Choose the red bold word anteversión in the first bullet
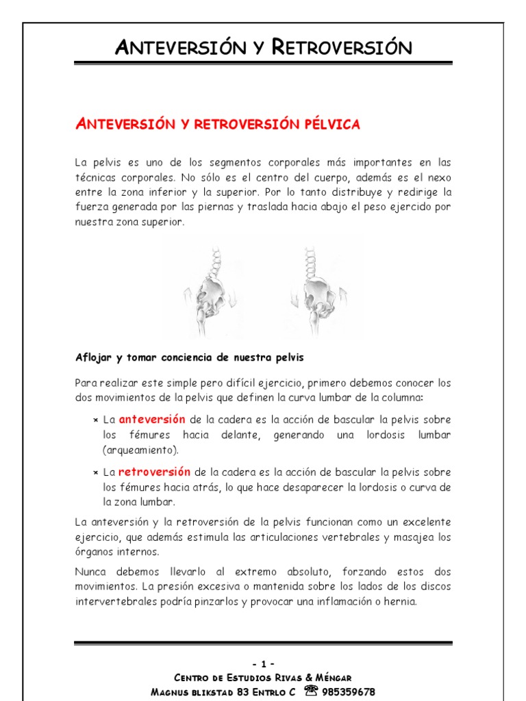pyautogui.click(x=152, y=419)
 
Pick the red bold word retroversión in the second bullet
pyautogui.click(x=154, y=472)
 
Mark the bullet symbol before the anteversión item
pyautogui.click(x=95, y=420)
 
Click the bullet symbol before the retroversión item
pyautogui.click(x=95, y=472)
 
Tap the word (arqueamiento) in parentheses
pyautogui.click(x=140, y=450)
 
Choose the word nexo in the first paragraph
pyautogui.click(x=438, y=177)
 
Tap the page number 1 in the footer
pyautogui.click(x=263, y=663)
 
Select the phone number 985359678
pyautogui.click(x=350, y=691)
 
